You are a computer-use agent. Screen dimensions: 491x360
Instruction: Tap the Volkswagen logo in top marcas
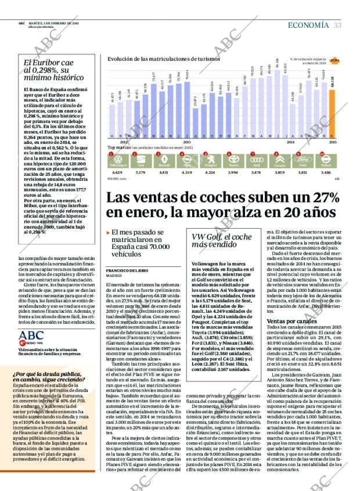(117, 160)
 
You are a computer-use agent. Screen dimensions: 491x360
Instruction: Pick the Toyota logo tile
(233, 160)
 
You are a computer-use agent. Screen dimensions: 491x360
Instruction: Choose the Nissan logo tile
(326, 160)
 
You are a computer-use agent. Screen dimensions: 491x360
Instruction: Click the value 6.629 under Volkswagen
(117, 172)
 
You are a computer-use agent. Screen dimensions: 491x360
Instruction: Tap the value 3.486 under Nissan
(326, 172)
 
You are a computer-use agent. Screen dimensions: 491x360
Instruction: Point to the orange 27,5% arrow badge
(334, 60)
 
